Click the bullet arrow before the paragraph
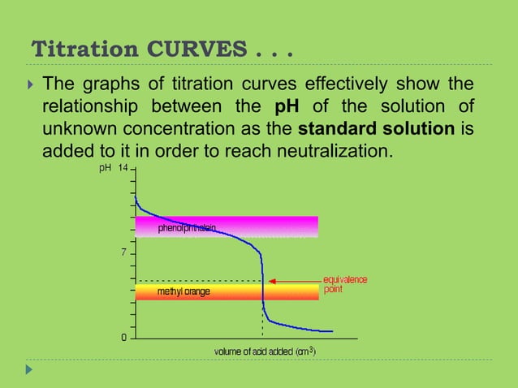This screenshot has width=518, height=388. [x=30, y=85]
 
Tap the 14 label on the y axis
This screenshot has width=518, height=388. [x=123, y=168]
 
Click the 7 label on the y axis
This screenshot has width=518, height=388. [x=124, y=252]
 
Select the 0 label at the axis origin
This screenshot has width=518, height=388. [x=124, y=337]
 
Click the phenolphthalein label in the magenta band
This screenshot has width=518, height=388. [x=187, y=229]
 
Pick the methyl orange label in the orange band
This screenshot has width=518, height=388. [x=183, y=291]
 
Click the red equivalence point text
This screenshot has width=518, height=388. [x=345, y=284]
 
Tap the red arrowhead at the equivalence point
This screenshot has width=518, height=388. [x=272, y=281]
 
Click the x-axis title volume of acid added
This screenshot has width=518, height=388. [x=265, y=352]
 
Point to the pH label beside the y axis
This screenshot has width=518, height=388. [x=104, y=168]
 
